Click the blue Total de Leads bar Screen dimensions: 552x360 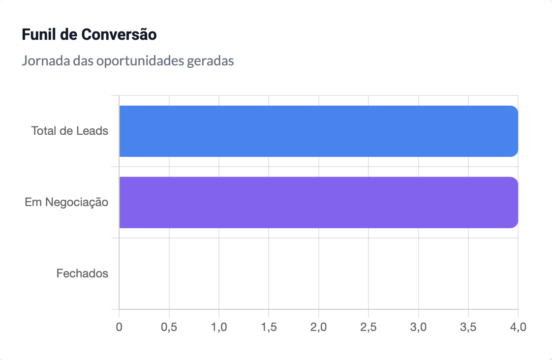pos(319,131)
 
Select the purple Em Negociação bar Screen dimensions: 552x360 pos(319,202)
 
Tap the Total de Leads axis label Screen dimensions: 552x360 pos(70,131)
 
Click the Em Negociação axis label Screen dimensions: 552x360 pos(66,202)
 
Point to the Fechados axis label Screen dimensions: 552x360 pos(82,273)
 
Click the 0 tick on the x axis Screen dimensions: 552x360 pos(119,327)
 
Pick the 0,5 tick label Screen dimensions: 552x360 pos(169,327)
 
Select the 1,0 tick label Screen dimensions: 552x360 pos(219,327)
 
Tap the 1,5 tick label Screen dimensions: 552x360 pos(269,327)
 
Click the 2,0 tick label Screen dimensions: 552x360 pos(319,327)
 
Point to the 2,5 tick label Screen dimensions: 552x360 pos(368,327)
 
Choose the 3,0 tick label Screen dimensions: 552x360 pos(419,327)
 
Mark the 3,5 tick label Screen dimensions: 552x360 pos(468,327)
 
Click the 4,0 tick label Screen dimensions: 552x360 pos(518,327)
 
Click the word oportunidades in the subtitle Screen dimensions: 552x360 pos(140,61)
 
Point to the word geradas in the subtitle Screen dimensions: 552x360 pos(211,61)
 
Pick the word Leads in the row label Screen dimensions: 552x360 pos(92,131)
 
